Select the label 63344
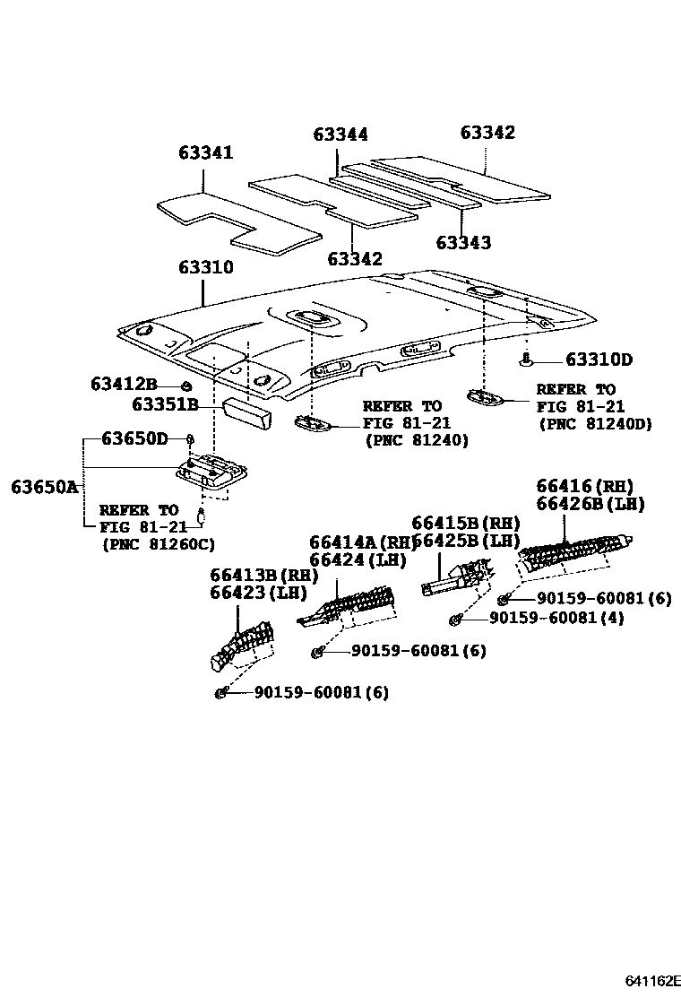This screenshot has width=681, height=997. pos(340,134)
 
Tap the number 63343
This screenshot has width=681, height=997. pos(463,243)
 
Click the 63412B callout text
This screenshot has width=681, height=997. pos(124,384)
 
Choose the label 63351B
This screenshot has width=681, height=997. pos(165,404)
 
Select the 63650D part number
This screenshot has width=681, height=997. pos(134,438)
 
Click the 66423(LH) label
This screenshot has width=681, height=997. pos(258,593)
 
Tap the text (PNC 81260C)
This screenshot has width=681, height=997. pos(159,544)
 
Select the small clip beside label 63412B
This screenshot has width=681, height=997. pos(185,386)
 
